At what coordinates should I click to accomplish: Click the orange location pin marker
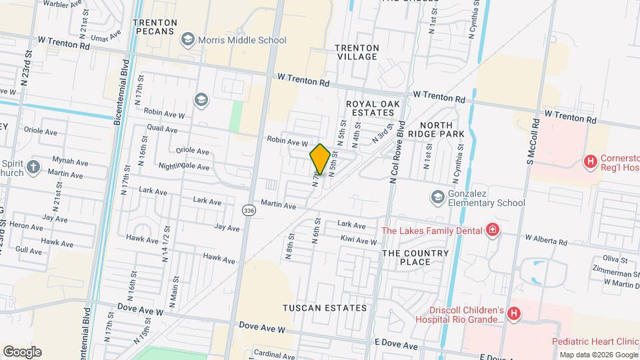click(x=320, y=159)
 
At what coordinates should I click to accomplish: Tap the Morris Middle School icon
click(x=188, y=41)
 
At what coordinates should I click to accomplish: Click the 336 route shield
click(x=249, y=211)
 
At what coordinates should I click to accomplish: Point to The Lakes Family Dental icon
click(x=492, y=231)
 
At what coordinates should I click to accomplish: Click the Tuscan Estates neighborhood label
click(x=325, y=308)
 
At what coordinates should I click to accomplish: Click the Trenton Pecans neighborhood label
click(x=155, y=27)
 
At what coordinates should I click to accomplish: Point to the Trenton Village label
click(x=357, y=52)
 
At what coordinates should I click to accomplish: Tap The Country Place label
click(x=415, y=257)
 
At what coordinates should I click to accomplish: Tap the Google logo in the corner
click(x=22, y=352)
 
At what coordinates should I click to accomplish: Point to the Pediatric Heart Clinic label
click(x=595, y=341)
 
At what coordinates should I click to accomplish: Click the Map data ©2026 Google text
click(x=598, y=355)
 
